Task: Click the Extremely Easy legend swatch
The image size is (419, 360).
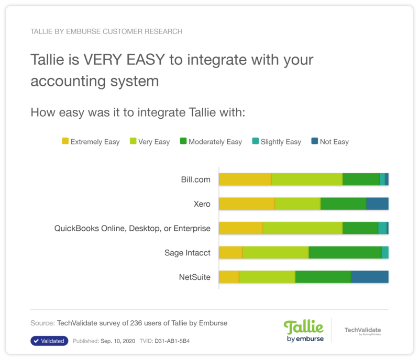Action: pos(65,141)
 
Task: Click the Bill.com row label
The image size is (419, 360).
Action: pos(195,179)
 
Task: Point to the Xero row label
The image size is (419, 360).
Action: pos(202,204)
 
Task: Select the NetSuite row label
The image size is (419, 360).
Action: pos(194,277)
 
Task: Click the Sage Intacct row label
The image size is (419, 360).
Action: pos(188,253)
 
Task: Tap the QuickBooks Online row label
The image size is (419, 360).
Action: pos(133,228)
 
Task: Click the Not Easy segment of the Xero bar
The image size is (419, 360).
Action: pos(377,204)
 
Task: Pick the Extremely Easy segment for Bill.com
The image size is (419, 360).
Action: pos(245,179)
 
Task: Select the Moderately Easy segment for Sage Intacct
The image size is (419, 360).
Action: pos(345,253)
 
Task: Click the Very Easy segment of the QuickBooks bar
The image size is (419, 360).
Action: pos(302,228)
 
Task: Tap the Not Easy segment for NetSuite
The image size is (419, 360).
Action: pos(369,277)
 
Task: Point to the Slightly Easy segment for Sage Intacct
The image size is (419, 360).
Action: pos(385,253)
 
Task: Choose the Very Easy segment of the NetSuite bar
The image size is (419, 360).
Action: pos(267,277)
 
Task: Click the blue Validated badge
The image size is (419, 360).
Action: pos(49,341)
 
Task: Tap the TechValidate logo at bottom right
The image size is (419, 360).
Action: pos(362,331)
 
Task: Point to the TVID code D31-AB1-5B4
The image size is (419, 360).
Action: pos(172,341)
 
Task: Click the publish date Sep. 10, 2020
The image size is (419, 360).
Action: pos(118,341)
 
